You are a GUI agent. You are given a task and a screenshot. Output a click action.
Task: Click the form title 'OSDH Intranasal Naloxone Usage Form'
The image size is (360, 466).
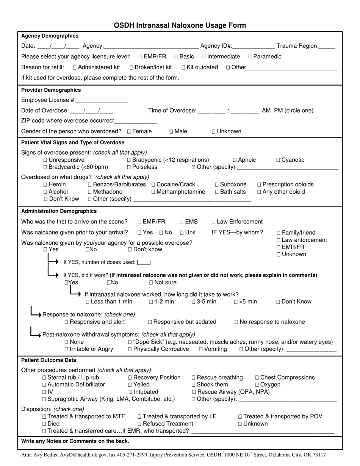(180, 25)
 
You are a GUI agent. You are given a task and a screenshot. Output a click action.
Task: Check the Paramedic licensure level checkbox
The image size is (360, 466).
(250, 57)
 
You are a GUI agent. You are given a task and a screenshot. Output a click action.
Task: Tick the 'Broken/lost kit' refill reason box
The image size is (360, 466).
(131, 67)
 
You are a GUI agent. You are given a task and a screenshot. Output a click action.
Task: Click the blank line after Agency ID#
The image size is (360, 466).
(254, 47)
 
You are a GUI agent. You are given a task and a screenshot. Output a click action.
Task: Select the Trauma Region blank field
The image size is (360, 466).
(327, 47)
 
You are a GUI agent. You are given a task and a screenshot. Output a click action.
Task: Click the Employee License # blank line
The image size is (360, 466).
(102, 101)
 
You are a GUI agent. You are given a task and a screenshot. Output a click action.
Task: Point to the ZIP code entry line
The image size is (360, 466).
(135, 121)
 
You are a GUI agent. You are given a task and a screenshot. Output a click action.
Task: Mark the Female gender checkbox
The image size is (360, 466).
(129, 131)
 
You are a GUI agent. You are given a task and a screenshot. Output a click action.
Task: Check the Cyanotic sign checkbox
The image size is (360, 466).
(279, 160)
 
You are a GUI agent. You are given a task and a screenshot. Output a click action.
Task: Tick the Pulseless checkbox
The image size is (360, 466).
(129, 167)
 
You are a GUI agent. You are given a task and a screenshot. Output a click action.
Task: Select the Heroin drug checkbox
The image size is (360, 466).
(45, 185)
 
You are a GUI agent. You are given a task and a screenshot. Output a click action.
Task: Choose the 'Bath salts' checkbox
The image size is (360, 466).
(217, 192)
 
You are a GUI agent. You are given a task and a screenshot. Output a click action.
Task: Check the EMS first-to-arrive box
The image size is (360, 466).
(182, 222)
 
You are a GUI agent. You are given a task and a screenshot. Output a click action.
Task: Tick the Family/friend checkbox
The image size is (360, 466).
(279, 233)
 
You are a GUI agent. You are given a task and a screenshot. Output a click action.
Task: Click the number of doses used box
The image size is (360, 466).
(144, 262)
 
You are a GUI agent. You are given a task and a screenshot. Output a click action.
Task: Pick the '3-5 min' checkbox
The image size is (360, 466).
(194, 302)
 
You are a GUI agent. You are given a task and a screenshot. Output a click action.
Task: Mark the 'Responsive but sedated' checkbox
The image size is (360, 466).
(150, 322)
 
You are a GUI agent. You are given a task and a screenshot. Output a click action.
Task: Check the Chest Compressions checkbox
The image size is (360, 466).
(257, 378)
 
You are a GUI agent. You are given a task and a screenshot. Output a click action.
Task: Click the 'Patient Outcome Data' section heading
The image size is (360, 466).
(49, 360)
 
